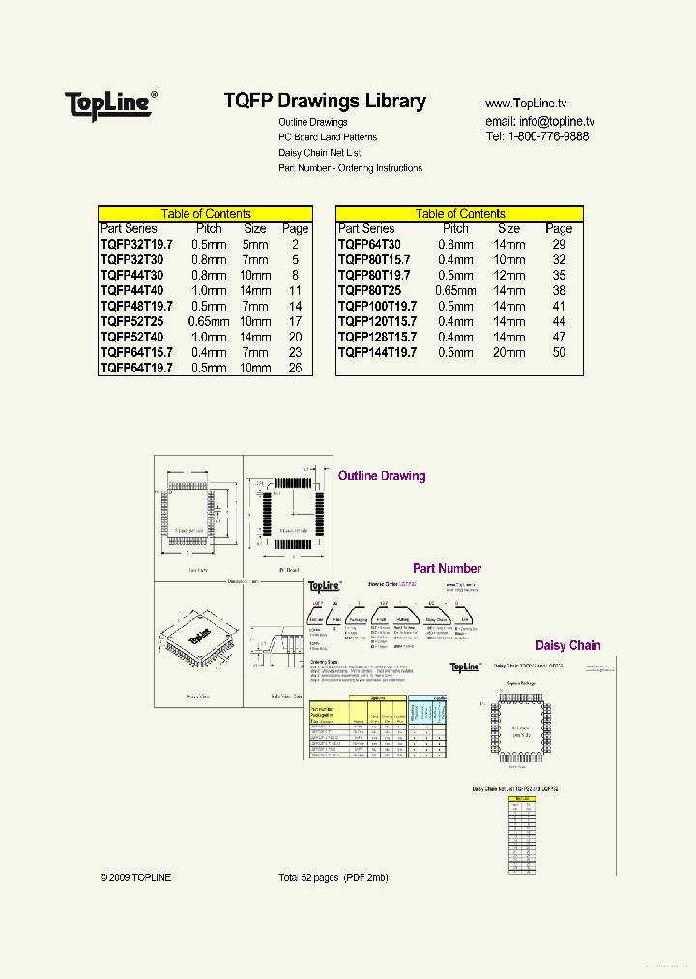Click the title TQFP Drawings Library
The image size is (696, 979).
point(325,101)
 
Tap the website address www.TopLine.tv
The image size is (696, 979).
point(526,104)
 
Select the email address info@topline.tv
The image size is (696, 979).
point(539,121)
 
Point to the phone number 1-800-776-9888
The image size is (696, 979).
point(553,137)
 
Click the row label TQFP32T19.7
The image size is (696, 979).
point(136,245)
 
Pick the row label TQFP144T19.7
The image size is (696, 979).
point(377,353)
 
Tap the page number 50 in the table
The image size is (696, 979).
point(559,353)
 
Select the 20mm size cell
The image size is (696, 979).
point(509,353)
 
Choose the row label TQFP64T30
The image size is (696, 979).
point(369,245)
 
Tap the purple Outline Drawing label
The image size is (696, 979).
point(382,476)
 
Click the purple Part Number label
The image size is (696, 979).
point(447,569)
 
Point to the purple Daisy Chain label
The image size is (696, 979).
point(568,645)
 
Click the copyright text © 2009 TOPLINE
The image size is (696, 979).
point(135,877)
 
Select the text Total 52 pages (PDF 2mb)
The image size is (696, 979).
point(333,877)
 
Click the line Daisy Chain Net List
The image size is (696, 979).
point(320,153)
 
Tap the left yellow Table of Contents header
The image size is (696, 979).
point(205,214)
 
